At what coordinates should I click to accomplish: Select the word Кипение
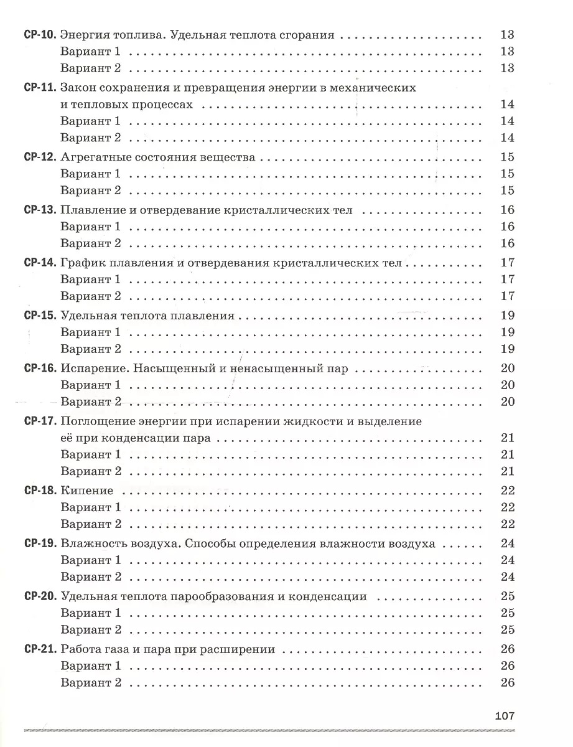(87, 491)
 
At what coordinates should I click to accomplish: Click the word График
(83, 263)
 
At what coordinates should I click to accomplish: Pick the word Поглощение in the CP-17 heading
(99, 421)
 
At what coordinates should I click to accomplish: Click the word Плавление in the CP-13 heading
(93, 210)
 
